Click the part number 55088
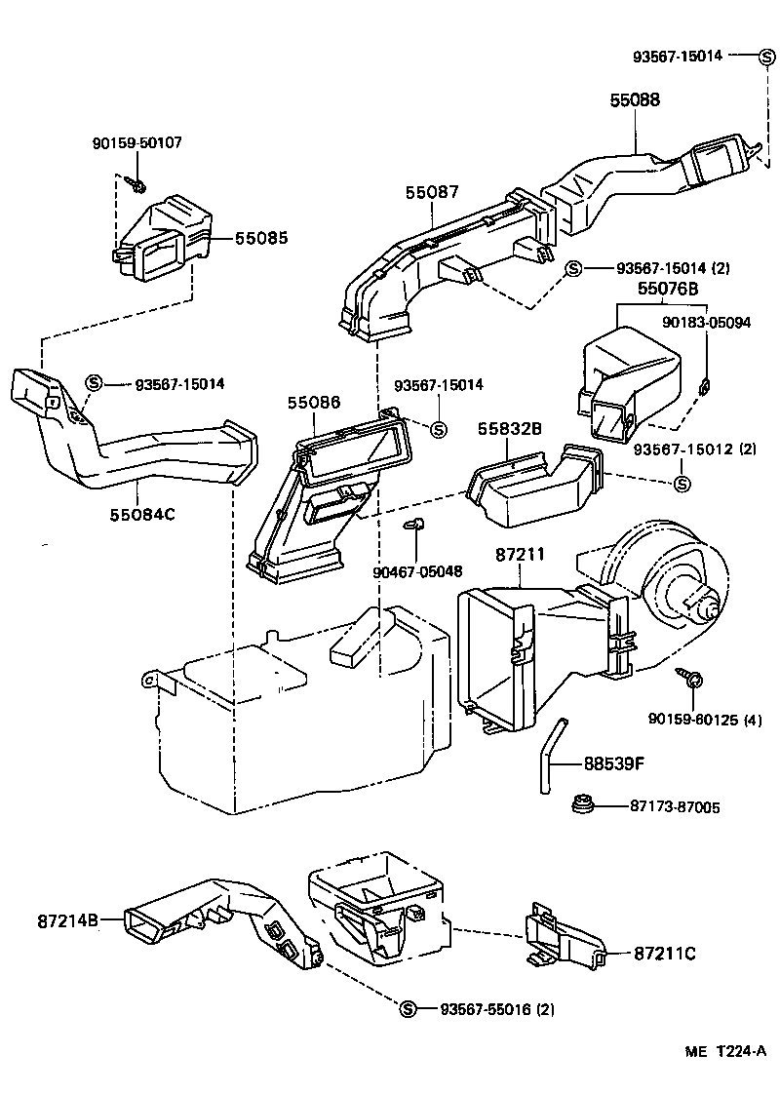[x=635, y=98]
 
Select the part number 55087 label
[x=432, y=193]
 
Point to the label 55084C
[x=141, y=514]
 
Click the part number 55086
[x=314, y=402]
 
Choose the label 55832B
[x=510, y=429]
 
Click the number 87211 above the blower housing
[x=520, y=554]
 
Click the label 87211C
[x=665, y=953]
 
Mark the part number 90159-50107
[x=136, y=142]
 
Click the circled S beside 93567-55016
[x=408, y=1008]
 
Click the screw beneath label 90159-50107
[x=136, y=181]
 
